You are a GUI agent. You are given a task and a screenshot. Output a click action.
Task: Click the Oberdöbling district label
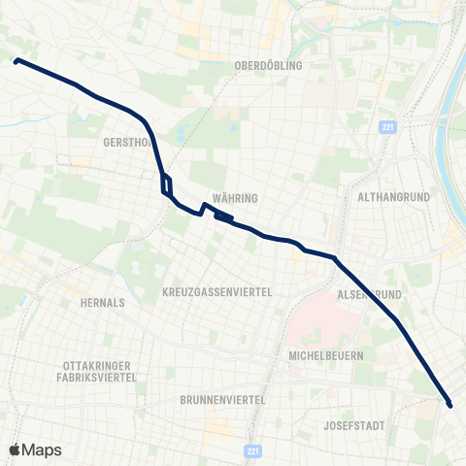click(x=269, y=65)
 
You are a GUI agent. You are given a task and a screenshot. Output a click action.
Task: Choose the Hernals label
click(x=104, y=302)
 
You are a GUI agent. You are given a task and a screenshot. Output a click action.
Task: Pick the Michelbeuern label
click(x=326, y=355)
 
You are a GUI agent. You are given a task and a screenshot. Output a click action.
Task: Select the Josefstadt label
click(x=357, y=425)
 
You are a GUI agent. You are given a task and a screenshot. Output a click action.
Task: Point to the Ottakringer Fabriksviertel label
click(x=101, y=372)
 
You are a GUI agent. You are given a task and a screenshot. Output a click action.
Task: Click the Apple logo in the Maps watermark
click(x=17, y=449)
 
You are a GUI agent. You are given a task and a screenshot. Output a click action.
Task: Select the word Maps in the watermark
click(x=42, y=449)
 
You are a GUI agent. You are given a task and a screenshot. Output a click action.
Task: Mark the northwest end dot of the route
click(x=16, y=60)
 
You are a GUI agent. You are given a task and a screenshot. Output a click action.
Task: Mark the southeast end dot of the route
click(x=449, y=403)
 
